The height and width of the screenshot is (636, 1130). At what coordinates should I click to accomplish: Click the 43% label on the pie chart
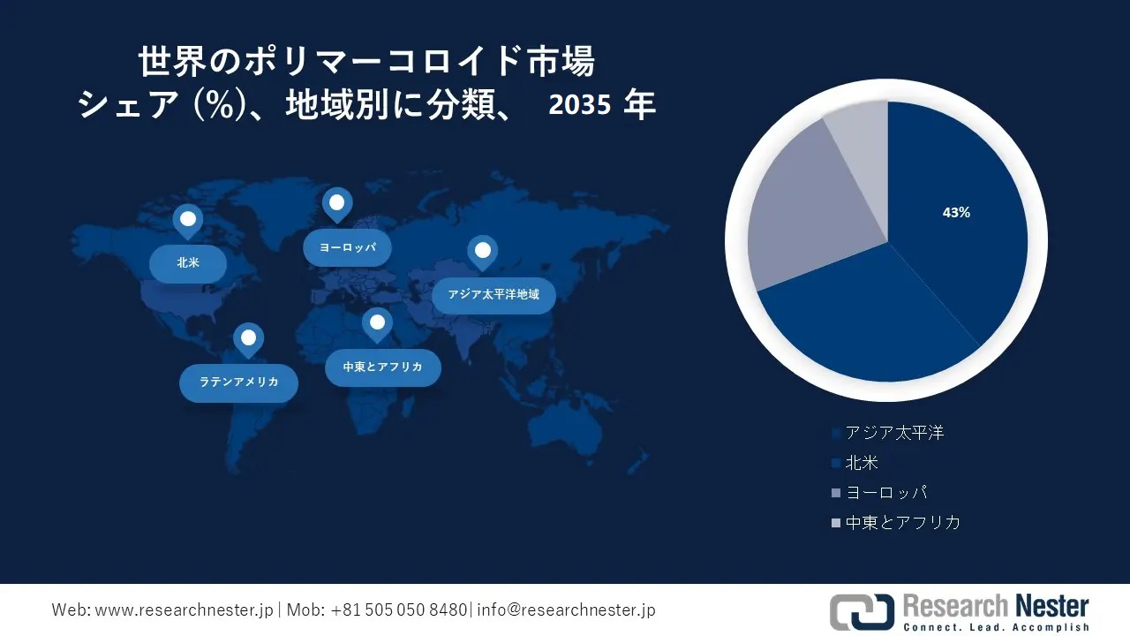[x=956, y=213]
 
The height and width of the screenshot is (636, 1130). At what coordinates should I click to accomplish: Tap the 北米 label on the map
[x=188, y=262]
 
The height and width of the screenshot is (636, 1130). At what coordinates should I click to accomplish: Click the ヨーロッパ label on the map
[x=347, y=247]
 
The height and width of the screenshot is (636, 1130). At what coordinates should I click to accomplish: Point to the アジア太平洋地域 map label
[x=493, y=294]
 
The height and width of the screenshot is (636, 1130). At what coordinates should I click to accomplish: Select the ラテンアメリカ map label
[x=238, y=382]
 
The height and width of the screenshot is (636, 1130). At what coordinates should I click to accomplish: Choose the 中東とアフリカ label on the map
[x=382, y=367]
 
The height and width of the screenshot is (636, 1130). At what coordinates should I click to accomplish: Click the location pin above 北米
[x=187, y=221]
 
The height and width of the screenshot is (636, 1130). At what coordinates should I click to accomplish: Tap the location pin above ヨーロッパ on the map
[x=336, y=204]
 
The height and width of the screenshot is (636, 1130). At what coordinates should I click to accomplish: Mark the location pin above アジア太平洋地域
[x=482, y=252]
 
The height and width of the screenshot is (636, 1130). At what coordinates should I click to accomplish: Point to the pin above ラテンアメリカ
[x=248, y=338]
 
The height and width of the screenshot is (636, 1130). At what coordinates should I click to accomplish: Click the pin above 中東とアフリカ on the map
[x=377, y=323]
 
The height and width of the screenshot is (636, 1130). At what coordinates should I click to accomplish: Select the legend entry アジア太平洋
[x=893, y=433]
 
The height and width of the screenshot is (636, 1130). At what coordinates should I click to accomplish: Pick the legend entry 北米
[x=861, y=463]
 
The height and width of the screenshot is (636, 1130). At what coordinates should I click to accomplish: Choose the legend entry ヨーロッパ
[x=885, y=493]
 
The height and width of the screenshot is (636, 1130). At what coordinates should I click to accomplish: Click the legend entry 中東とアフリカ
[x=901, y=522]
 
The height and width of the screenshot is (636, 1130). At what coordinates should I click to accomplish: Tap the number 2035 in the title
[x=579, y=106]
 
